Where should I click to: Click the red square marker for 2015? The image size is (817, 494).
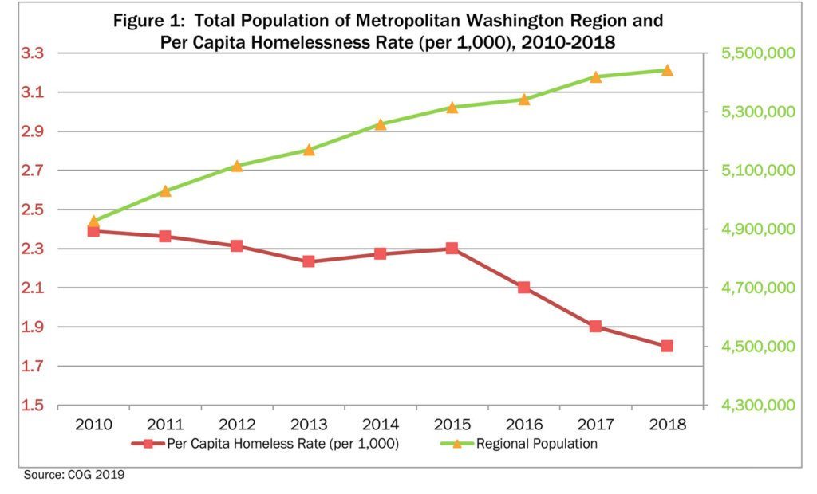pos(452,249)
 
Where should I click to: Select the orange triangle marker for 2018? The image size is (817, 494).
pos(667,70)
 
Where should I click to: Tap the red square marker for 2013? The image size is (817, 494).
pos(309,261)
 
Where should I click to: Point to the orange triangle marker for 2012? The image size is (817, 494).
pos(237,166)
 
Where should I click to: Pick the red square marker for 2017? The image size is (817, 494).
pos(595,327)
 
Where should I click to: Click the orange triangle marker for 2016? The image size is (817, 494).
pos(524,100)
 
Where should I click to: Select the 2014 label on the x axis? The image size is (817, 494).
pos(380,425)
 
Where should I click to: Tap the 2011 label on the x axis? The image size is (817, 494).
pos(165,425)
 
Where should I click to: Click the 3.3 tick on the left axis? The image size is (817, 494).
pos(32,53)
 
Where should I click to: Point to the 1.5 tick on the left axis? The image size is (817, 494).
pos(32,406)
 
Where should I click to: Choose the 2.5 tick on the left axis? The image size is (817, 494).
pos(32,210)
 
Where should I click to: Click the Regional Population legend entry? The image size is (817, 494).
pos(536,444)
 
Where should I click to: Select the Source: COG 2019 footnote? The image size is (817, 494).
pos(74,475)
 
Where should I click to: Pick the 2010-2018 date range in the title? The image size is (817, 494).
pos(570,42)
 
